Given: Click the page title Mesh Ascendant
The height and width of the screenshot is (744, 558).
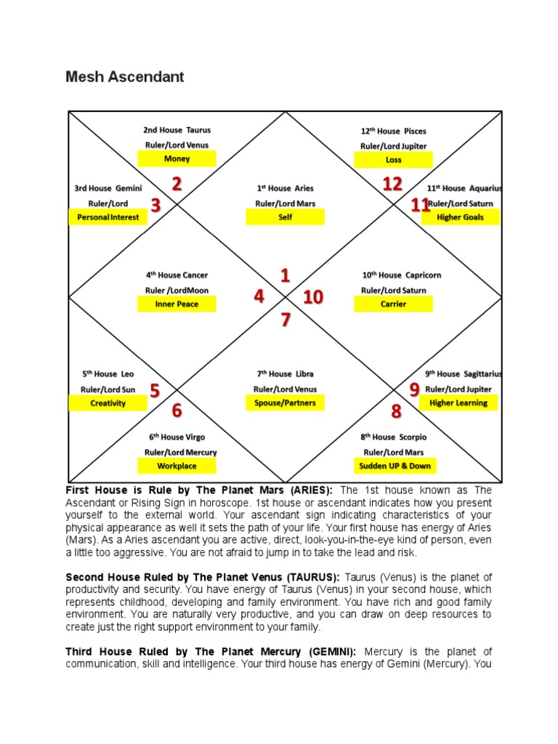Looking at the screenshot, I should [x=125, y=76].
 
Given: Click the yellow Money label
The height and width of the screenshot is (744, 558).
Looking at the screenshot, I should [x=177, y=159].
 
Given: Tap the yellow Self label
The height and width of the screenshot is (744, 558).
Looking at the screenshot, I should [x=285, y=217].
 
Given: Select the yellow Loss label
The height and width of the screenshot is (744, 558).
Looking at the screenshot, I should [x=393, y=160].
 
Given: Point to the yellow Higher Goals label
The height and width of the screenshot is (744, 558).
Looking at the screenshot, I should [x=459, y=217].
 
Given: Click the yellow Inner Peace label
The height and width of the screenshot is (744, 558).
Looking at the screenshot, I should [x=177, y=304].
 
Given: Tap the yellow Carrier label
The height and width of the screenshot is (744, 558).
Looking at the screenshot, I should [x=393, y=304].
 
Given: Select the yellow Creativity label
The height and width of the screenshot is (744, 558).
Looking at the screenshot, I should [x=108, y=403].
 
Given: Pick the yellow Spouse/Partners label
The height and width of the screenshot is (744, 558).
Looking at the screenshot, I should [x=285, y=403].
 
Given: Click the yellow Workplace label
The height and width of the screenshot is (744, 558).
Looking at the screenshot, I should [x=177, y=466].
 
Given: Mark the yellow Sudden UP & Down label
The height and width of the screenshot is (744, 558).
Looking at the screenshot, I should [x=395, y=466].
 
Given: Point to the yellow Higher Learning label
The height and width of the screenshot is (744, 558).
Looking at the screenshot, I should [x=458, y=403].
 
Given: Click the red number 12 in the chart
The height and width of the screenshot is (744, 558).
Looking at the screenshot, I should [x=392, y=185].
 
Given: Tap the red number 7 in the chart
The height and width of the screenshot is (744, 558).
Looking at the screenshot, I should [x=286, y=320].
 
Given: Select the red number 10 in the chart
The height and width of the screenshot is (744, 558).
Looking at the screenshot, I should [x=312, y=297].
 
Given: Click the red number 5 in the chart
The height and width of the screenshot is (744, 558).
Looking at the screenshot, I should [x=155, y=391].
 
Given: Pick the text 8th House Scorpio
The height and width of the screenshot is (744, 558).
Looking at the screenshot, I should [x=394, y=437].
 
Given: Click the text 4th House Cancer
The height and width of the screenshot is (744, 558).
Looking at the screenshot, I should [x=177, y=275].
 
